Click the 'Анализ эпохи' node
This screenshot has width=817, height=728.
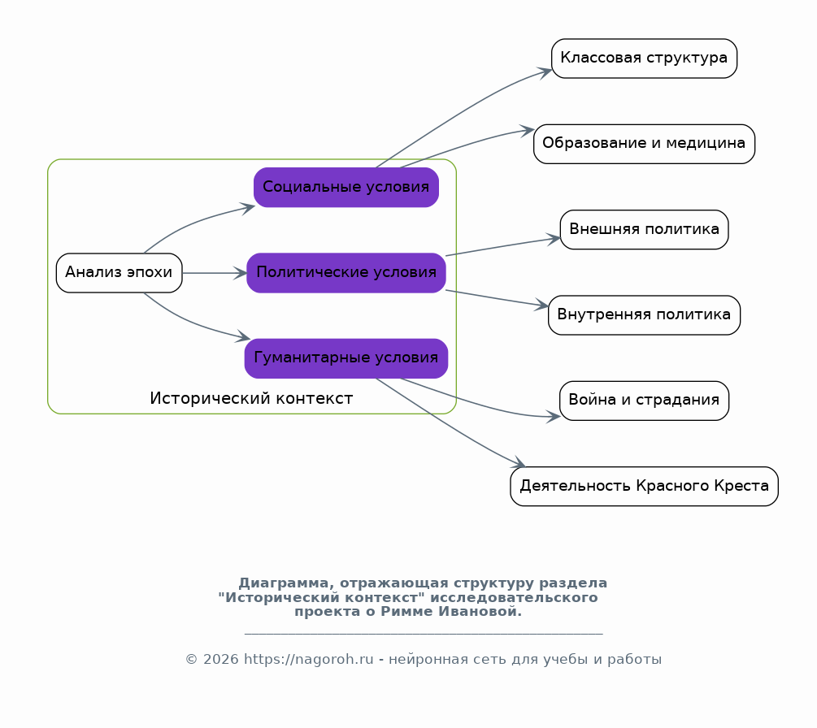click(120, 273)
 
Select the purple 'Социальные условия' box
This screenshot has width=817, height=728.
click(346, 188)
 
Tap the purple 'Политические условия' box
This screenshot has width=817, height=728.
click(346, 273)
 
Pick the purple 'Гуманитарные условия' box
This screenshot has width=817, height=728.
click(346, 358)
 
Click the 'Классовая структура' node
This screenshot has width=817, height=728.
click(644, 58)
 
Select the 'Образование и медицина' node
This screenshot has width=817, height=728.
click(644, 144)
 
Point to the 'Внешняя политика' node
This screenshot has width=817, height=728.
click(644, 230)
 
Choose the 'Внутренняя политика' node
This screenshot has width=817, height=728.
click(644, 315)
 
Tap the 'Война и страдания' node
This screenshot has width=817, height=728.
click(644, 401)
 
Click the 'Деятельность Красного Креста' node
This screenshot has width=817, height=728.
click(644, 487)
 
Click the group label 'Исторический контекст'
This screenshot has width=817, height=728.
click(251, 398)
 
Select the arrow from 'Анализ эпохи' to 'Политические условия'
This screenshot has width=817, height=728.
click(214, 273)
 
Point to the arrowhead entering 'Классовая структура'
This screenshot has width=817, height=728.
click(545, 72)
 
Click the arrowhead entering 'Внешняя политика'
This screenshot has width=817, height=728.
click(554, 239)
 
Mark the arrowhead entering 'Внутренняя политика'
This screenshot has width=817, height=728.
click(542, 305)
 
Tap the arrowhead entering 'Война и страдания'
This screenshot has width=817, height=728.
click(553, 416)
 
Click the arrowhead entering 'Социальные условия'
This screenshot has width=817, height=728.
click(247, 208)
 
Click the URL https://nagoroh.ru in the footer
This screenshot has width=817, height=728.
click(308, 659)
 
